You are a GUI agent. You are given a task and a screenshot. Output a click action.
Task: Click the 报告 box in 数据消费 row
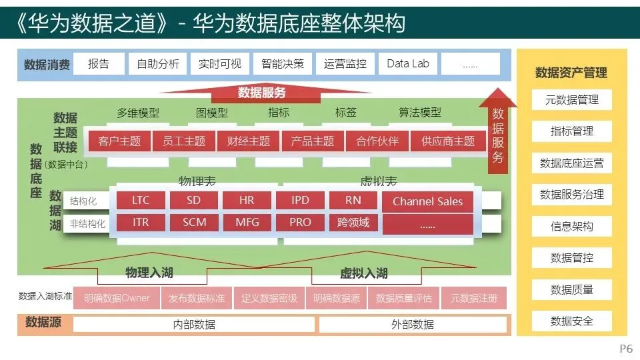pos(99,64)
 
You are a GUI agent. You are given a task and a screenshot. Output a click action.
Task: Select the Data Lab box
pos(408,64)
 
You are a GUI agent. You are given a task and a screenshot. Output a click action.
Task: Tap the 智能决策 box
pos(283,64)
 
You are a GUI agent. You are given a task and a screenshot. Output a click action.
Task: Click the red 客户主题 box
pos(119,141)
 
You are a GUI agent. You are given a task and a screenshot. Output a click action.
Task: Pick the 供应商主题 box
pos(448,141)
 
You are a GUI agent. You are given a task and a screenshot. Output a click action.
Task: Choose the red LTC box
pos(141,201)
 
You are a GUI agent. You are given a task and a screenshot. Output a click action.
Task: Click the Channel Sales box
pos(427,201)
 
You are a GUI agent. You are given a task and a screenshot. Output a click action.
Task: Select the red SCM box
pos(195,223)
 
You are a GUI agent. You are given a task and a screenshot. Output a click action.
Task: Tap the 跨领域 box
pos(353,223)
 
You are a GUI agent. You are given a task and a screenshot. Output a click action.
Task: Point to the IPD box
pos(300,201)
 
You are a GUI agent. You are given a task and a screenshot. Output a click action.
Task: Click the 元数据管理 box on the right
pos(571,100)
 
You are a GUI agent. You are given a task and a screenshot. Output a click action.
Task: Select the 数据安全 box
pos(571,321)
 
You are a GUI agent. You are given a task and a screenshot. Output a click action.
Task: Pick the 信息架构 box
pos(571,227)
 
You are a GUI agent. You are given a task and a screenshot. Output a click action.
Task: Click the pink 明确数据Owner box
pos(117,298)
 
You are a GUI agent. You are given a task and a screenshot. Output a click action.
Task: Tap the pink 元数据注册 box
pos(473,298)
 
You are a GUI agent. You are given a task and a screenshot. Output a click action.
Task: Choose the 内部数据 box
pos(194,325)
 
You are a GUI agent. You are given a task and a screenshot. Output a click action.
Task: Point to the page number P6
pos(626,349)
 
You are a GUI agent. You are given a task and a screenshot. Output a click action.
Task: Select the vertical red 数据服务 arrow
pos(498,137)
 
